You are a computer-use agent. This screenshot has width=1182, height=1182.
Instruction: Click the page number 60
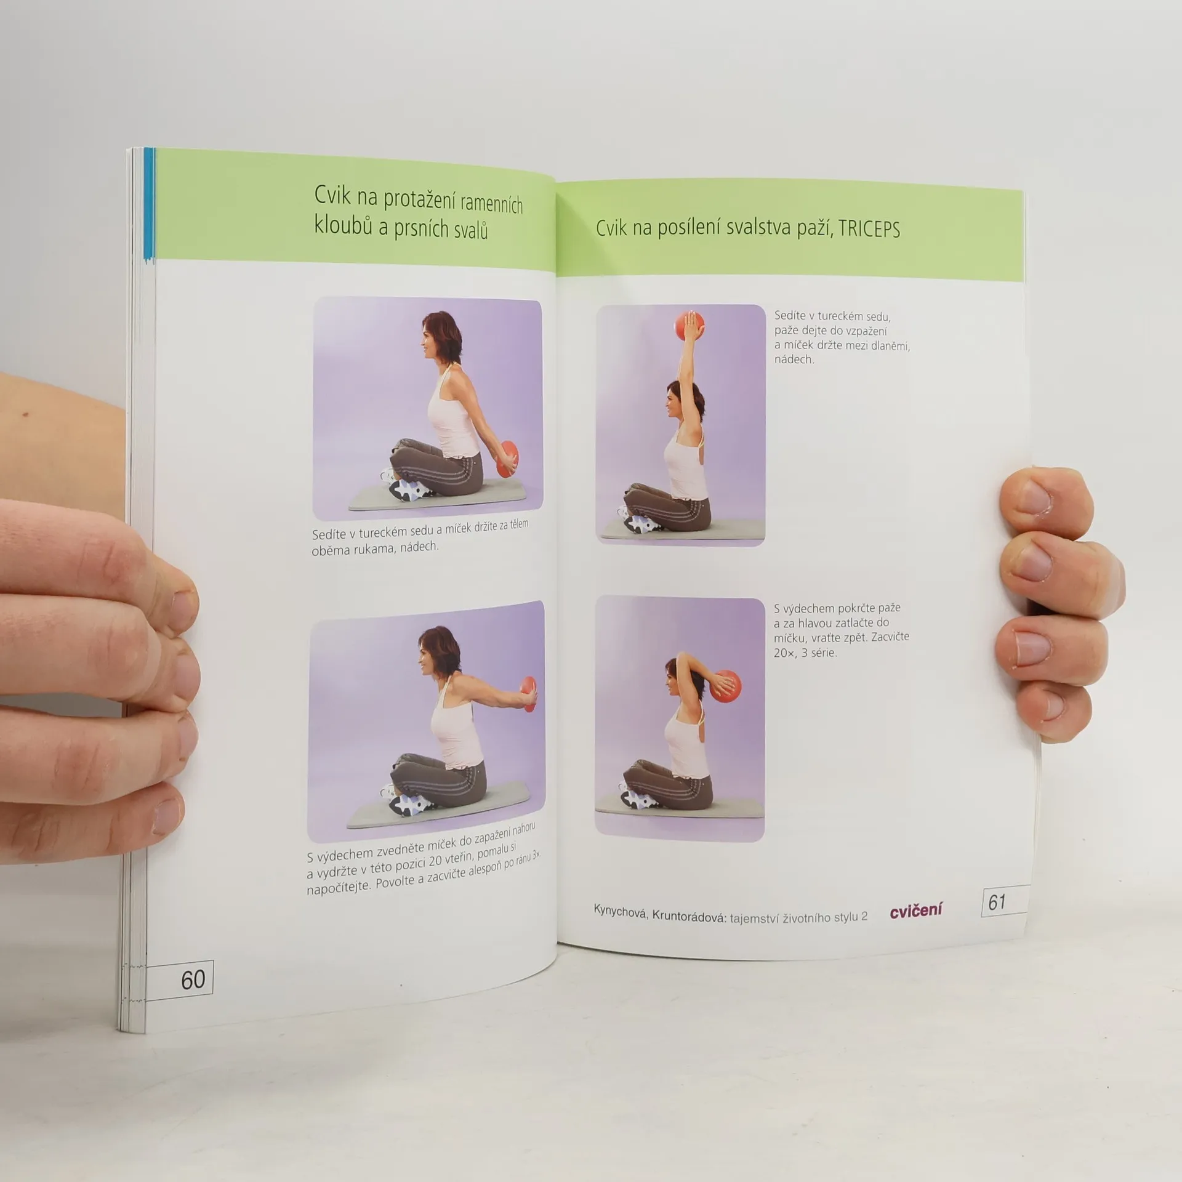[x=193, y=979]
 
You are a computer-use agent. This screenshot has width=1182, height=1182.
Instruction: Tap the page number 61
[x=997, y=902]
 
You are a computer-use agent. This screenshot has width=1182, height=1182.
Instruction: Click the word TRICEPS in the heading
[x=869, y=229]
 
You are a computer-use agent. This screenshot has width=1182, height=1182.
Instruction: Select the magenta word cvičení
[x=915, y=910]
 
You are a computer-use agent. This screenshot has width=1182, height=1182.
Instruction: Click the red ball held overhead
[x=688, y=327]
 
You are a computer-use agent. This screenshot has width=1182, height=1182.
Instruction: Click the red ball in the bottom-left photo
[x=528, y=693]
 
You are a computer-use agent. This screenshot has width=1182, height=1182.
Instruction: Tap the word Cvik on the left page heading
[x=332, y=195]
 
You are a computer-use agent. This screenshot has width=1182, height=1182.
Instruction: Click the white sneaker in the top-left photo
[x=410, y=489]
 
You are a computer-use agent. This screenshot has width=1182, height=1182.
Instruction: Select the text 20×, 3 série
[x=805, y=653]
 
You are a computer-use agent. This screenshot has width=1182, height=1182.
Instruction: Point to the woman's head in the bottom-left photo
[x=438, y=651]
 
